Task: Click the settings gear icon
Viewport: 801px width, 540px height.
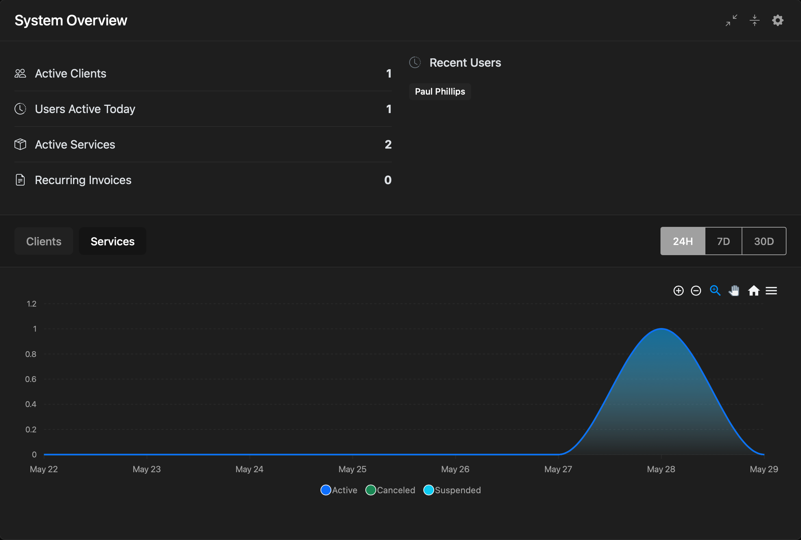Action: pyautogui.click(x=777, y=20)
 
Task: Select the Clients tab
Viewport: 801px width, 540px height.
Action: pyautogui.click(x=44, y=241)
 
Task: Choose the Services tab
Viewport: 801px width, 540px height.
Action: pyautogui.click(x=113, y=241)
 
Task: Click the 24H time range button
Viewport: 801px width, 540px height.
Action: pyautogui.click(x=683, y=241)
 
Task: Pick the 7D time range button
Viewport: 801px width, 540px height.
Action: pyautogui.click(x=724, y=241)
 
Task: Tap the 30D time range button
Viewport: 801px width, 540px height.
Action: pyautogui.click(x=764, y=241)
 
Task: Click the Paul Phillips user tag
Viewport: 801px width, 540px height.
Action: pyautogui.click(x=440, y=91)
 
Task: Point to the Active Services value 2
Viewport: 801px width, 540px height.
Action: pyautogui.click(x=388, y=145)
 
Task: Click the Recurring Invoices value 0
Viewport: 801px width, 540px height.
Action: pyautogui.click(x=388, y=180)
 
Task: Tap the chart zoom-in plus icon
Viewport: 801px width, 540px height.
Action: pyautogui.click(x=679, y=291)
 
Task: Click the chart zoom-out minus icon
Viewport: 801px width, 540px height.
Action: pyautogui.click(x=696, y=291)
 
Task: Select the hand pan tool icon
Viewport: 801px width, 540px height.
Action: pyautogui.click(x=734, y=291)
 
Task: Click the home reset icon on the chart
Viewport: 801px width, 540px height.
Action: pyautogui.click(x=754, y=291)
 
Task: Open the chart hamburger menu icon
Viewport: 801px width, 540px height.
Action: pyautogui.click(x=771, y=291)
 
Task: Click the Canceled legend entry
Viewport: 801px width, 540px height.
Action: pyautogui.click(x=390, y=490)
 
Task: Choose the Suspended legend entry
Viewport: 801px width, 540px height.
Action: pyautogui.click(x=452, y=490)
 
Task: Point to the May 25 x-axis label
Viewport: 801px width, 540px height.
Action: pyautogui.click(x=352, y=469)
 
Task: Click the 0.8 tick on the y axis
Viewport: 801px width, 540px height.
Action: pyautogui.click(x=31, y=354)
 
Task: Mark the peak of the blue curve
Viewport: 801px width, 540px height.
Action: pyautogui.click(x=662, y=329)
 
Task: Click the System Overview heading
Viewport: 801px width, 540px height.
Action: pyautogui.click(x=71, y=20)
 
